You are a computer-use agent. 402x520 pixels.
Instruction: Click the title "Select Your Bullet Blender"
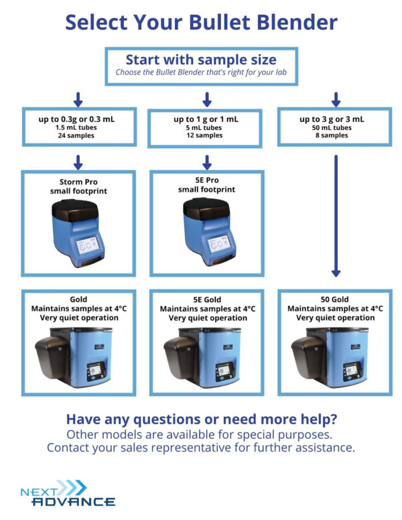pos(201,22)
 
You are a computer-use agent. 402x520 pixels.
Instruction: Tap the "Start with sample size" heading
pos(201,58)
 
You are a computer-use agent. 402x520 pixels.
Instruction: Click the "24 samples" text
pos(76,135)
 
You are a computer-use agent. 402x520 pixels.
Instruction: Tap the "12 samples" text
pos(206,135)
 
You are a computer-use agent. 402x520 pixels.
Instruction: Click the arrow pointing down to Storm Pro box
pos(77,161)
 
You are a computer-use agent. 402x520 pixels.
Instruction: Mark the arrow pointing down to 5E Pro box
pos(206,161)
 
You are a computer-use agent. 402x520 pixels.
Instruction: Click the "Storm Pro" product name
pos(79,182)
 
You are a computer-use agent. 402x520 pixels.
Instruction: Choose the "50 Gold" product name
pos(335,300)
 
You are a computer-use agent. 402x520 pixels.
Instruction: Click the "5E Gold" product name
pos(206,300)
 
